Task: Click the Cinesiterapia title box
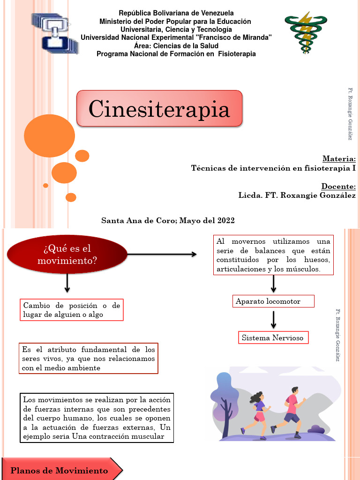(x=159, y=108)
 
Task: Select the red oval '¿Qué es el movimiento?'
(x=67, y=255)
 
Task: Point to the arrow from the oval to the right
(x=162, y=255)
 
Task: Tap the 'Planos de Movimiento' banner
(x=61, y=470)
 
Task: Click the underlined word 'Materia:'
(x=339, y=158)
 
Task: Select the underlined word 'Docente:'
(x=338, y=186)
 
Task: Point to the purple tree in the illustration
(x=224, y=403)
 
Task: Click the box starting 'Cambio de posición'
(x=72, y=310)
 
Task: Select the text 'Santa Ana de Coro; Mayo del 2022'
(x=168, y=220)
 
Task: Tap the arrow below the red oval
(x=67, y=283)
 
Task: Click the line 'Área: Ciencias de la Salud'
(x=176, y=46)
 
